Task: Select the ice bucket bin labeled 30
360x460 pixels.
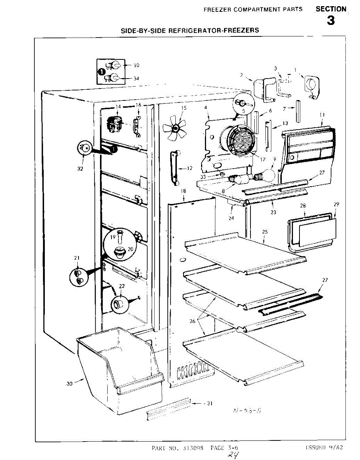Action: click(x=119, y=368)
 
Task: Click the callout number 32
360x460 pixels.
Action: click(x=80, y=168)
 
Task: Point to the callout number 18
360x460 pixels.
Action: click(x=183, y=191)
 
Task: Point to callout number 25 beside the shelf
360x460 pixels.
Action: click(x=264, y=232)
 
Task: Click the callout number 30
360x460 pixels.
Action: click(x=69, y=383)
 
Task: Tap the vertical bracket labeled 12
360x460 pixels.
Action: click(x=175, y=168)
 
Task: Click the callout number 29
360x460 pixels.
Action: click(x=336, y=204)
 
